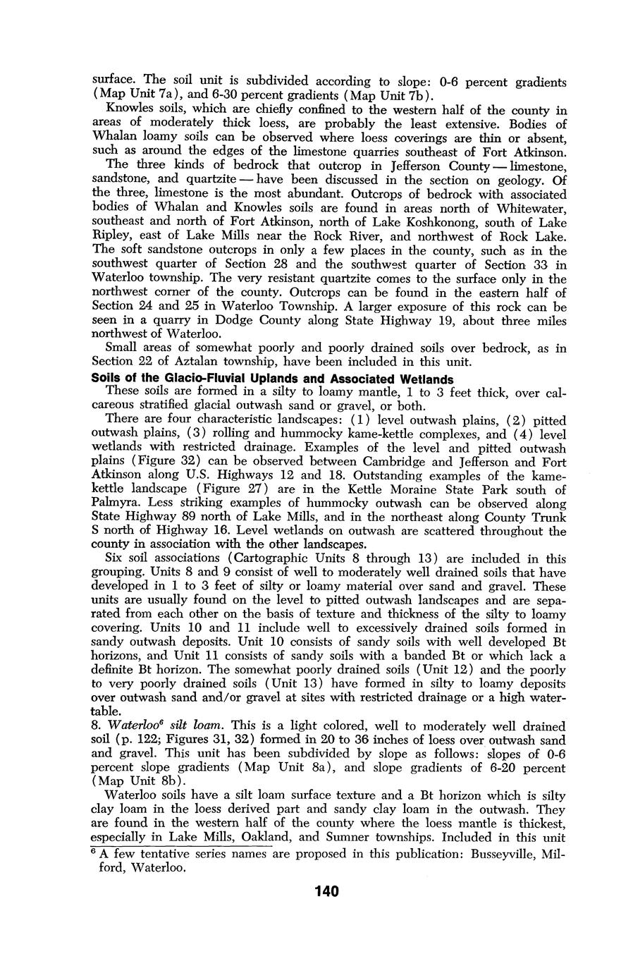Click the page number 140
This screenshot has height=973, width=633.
point(327,891)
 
